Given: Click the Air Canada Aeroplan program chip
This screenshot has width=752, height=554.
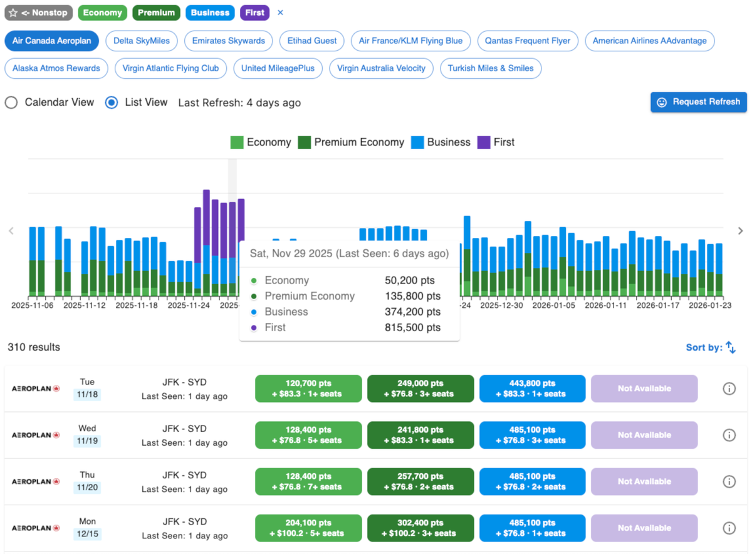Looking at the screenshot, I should click(51, 41).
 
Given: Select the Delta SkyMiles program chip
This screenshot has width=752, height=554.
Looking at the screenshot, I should click(142, 41).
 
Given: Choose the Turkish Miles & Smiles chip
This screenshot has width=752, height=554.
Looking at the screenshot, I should click(491, 68).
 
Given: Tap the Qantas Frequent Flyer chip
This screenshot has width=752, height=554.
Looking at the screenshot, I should click(527, 41).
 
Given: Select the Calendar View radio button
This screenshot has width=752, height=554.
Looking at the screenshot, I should click(11, 103).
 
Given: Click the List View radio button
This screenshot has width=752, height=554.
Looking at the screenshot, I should click(112, 103).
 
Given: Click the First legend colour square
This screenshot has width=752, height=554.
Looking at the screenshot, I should click(484, 142).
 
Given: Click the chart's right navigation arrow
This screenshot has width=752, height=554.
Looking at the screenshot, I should click(740, 231).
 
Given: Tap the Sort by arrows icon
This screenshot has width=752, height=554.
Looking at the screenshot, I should click(731, 347).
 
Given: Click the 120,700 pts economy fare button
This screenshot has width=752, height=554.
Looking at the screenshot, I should click(308, 388).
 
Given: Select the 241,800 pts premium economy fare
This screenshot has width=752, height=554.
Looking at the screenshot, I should click(420, 435).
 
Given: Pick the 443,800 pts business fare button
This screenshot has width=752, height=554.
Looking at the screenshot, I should click(532, 388).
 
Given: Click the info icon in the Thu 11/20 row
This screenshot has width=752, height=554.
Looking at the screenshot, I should click(729, 481).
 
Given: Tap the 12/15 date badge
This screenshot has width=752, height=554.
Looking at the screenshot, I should click(87, 534).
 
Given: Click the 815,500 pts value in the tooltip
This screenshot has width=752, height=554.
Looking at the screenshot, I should click(412, 327).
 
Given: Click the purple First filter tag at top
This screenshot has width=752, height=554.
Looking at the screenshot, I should click(254, 13).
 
